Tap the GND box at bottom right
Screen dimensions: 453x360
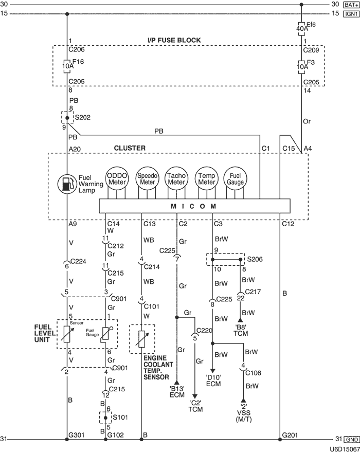(352, 440)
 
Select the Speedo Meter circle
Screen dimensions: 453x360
(147, 179)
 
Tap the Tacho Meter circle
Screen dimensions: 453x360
(176, 179)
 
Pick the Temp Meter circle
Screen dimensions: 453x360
(206, 179)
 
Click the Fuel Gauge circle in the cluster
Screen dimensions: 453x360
(236, 179)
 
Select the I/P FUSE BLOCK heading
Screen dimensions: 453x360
(175, 40)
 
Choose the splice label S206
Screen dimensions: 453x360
(255, 260)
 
